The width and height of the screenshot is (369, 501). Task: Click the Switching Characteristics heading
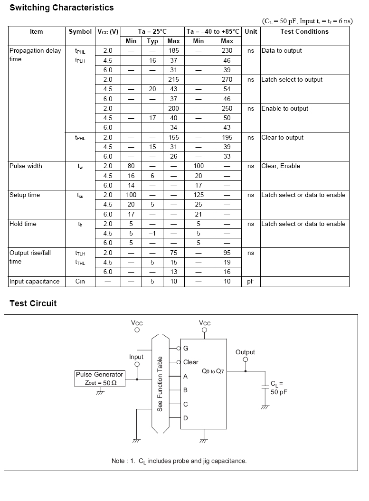point(62,8)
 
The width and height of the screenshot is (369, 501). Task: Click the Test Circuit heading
point(33,303)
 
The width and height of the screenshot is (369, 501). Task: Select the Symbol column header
point(80,32)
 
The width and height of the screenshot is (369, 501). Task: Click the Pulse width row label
point(26,166)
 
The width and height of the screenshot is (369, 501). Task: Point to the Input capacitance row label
point(35,282)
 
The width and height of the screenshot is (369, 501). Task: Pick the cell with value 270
point(227,80)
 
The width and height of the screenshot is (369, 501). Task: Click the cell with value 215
point(174,80)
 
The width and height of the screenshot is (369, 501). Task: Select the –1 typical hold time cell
point(152,234)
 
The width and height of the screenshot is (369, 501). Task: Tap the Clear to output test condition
point(282,138)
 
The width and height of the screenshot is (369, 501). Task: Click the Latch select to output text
point(292,80)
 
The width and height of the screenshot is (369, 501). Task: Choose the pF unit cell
point(251,282)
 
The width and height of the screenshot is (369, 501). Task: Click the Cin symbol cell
point(80,282)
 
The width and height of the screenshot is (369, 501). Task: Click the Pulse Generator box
point(100,378)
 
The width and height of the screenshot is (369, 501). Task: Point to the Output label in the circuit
point(245,352)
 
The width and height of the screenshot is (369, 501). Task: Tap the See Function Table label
point(160,384)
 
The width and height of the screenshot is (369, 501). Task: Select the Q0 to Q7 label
point(212,371)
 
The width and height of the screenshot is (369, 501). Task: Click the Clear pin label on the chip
point(190,362)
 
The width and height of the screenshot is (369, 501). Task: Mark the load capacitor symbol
point(265,388)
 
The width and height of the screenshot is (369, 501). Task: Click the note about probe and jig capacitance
point(179,461)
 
